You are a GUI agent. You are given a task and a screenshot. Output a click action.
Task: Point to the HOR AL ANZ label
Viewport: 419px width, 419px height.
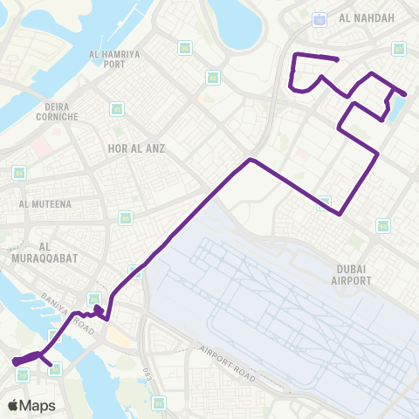click(135, 148)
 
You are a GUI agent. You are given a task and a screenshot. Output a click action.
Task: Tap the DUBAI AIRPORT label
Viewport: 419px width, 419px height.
click(352, 274)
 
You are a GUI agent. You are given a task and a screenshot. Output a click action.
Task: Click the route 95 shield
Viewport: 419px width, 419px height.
click(184, 47)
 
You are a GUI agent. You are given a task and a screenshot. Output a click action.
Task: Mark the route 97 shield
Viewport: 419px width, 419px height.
click(399, 49)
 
